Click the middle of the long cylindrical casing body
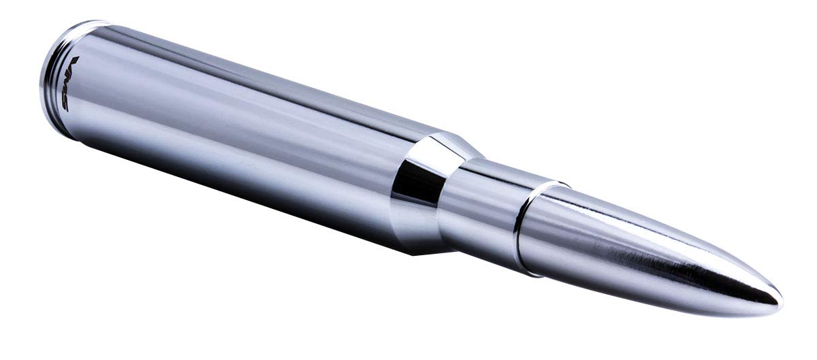[x=238, y=136]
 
